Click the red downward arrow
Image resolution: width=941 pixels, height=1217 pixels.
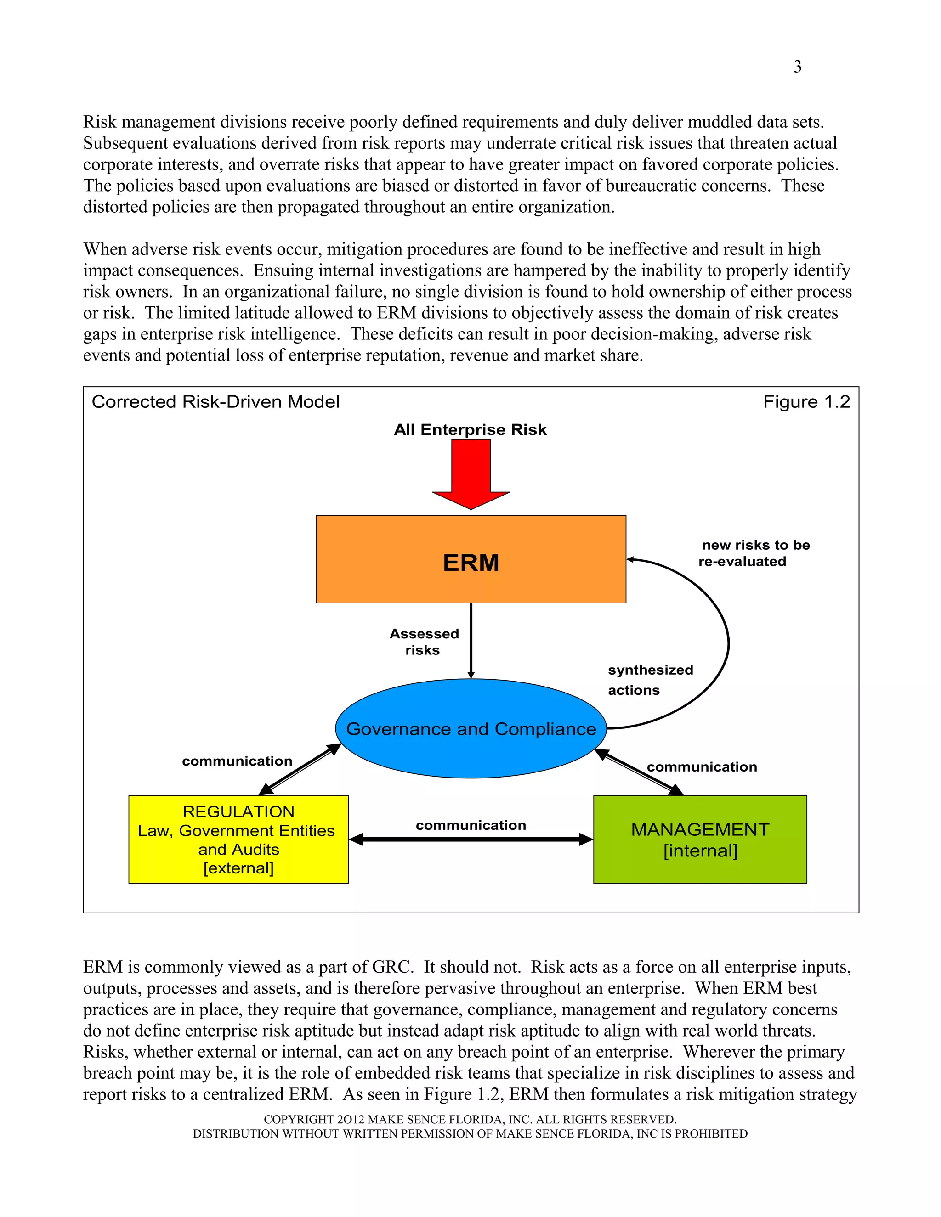(x=471, y=473)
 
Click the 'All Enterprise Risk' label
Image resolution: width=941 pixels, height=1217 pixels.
(x=470, y=430)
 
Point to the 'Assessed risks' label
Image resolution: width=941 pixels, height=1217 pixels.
(x=424, y=642)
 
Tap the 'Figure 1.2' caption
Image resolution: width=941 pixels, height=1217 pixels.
(x=806, y=402)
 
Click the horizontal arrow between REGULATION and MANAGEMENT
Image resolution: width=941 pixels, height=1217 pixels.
(x=471, y=839)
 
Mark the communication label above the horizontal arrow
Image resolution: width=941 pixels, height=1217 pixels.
(x=471, y=825)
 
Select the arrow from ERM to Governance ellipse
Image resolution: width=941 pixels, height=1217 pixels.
(x=471, y=641)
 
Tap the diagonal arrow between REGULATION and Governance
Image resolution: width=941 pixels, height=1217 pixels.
(x=300, y=769)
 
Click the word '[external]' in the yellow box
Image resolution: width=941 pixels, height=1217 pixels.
(x=238, y=868)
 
